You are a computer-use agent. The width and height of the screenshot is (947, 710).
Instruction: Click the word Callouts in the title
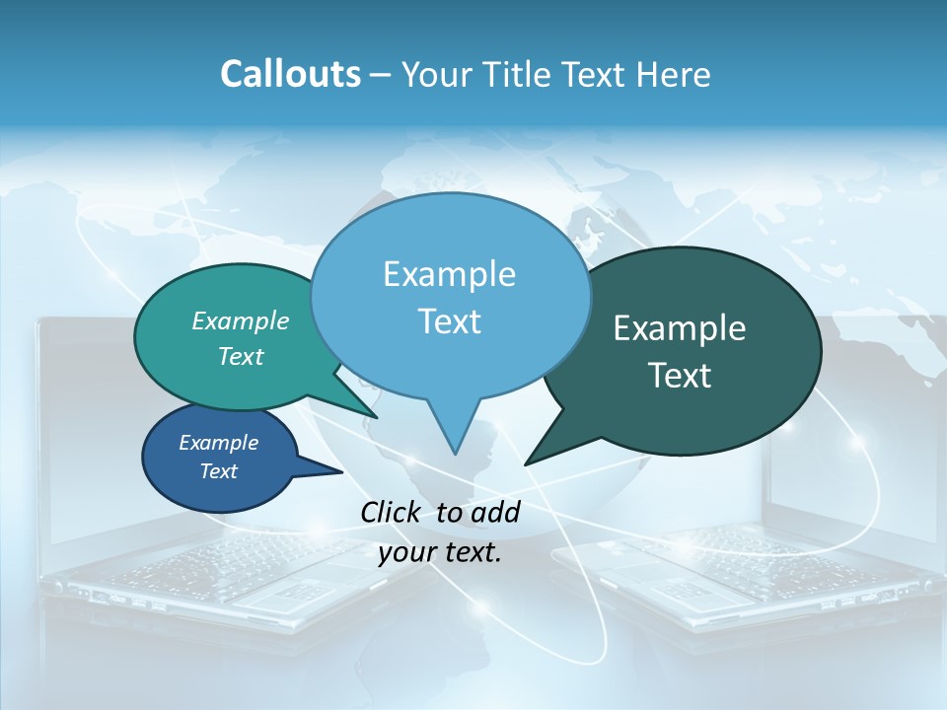[290, 74]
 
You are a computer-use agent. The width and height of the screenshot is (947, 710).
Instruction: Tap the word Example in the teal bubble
[241, 320]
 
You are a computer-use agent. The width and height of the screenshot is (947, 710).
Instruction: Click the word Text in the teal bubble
[241, 356]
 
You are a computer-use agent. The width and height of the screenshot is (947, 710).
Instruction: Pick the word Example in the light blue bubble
[449, 274]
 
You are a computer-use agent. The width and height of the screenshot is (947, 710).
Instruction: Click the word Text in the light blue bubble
[449, 321]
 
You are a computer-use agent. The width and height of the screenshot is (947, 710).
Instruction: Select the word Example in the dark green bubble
[680, 328]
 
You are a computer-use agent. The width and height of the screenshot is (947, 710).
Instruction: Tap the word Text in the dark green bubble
[680, 376]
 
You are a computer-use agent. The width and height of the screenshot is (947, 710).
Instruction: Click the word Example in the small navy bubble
[219, 443]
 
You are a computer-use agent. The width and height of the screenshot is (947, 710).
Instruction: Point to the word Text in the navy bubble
[219, 471]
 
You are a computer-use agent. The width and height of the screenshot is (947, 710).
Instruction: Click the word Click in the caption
[393, 512]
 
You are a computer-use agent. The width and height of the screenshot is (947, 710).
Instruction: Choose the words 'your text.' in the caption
[440, 553]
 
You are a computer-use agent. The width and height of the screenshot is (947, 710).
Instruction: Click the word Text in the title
[591, 74]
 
